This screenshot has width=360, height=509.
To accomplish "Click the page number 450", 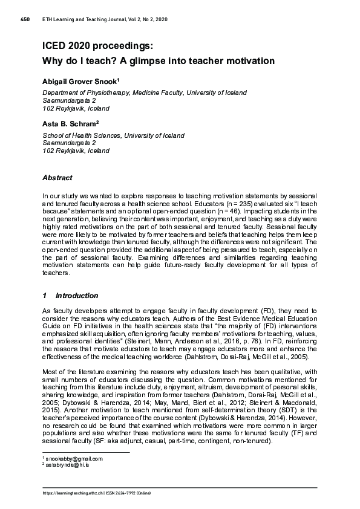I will pyautogui.click(x=25, y=20).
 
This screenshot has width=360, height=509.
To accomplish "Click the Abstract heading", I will pyautogui.click(x=57, y=178).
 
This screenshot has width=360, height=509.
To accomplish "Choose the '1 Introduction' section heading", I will pyautogui.click(x=70, y=296).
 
